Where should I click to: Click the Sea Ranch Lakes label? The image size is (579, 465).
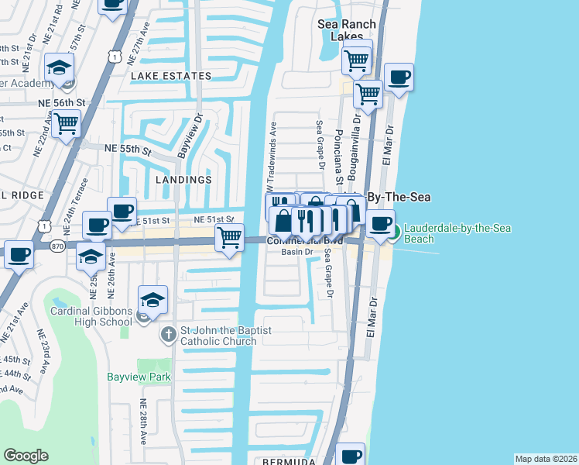tap(345, 30)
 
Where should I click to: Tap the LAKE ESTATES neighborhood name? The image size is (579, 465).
tap(170, 76)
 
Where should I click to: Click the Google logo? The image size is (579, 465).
tap(26, 456)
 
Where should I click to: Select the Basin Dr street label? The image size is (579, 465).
tap(296, 252)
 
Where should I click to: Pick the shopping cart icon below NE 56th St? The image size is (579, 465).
tap(67, 122)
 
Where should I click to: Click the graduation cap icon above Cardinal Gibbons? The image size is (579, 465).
tap(153, 300)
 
